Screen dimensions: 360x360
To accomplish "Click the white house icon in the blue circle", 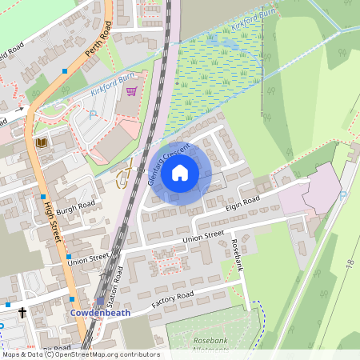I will click(180, 172).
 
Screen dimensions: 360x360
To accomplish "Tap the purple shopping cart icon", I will click(131, 91).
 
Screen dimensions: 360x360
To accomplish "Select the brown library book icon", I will click(42, 142).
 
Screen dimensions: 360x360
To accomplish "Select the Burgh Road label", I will click(76, 204).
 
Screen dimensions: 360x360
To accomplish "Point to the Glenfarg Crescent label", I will click(169, 165).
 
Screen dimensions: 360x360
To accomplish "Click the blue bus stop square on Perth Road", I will click(65, 72).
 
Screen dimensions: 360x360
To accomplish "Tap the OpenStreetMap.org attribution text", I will click(112, 354).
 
